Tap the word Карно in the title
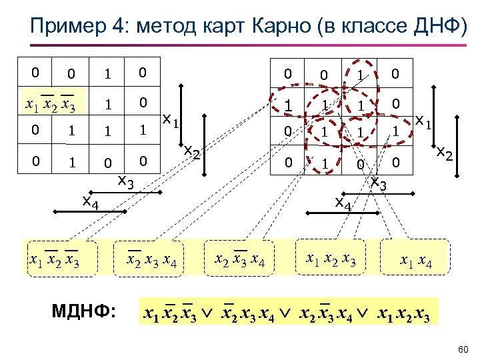[x=291, y=27]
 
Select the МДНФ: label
[x=85, y=311]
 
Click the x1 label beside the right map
[x=421, y=121]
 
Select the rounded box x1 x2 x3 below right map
[x=331, y=257]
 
